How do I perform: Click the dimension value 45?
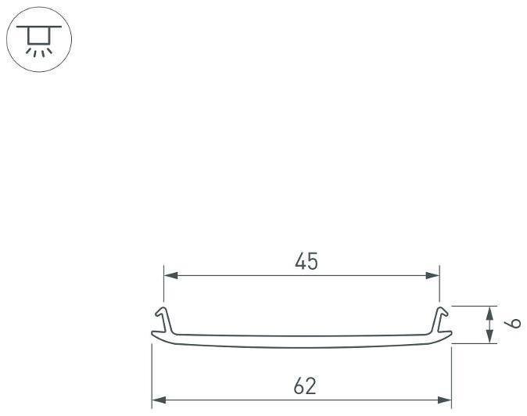tap(307, 261)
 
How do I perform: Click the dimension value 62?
tap(305, 386)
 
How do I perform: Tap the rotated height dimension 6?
tap(513, 323)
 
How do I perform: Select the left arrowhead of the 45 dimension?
tap(170, 275)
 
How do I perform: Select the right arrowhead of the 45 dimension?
tap(432, 275)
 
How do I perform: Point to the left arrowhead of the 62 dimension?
tap(159, 400)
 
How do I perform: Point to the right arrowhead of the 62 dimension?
tap(444, 400)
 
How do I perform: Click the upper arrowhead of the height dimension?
tap(490, 314)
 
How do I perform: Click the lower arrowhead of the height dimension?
tap(490, 336)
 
